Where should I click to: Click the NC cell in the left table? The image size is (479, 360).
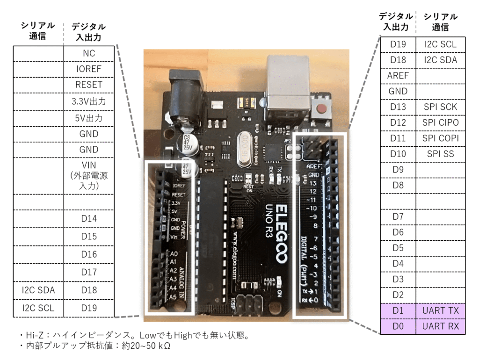pos(88,53)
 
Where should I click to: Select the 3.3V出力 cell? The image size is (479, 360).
pos(88,101)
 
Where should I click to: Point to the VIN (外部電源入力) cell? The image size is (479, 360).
pos(88,176)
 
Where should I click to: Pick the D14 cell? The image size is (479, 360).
pos(88,218)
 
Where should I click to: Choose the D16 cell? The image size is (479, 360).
pos(88,254)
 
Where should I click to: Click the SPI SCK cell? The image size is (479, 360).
pos(440,107)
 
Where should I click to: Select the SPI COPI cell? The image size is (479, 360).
pos(440,138)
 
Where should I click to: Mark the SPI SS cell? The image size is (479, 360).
pos(440,153)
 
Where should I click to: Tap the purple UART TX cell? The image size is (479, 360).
pos(440,310)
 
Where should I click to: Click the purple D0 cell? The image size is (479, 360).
pos(398,326)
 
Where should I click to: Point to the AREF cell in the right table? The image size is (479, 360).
pos(398,75)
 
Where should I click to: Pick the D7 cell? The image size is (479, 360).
pos(398,216)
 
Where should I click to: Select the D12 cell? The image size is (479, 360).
pos(398,122)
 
